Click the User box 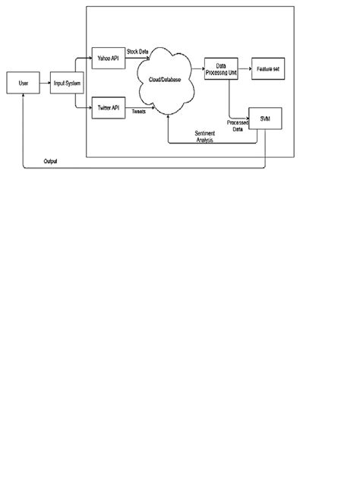point(23,83)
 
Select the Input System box point(66,83)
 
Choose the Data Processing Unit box point(221,67)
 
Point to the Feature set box point(267,67)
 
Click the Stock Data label point(137,51)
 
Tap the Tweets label point(139,112)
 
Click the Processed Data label point(237,125)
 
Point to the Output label point(50,162)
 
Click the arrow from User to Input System point(44,83)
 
